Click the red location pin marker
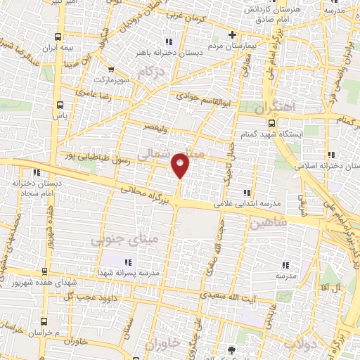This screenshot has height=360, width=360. pyautogui.click(x=181, y=165)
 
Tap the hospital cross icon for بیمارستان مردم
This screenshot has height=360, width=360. pyautogui.click(x=232, y=34)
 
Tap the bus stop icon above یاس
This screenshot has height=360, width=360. pyautogui.click(x=59, y=105)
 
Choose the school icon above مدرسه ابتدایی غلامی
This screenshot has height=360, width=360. pyautogui.click(x=246, y=193)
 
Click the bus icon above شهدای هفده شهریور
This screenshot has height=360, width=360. pyautogui.click(x=45, y=271)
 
